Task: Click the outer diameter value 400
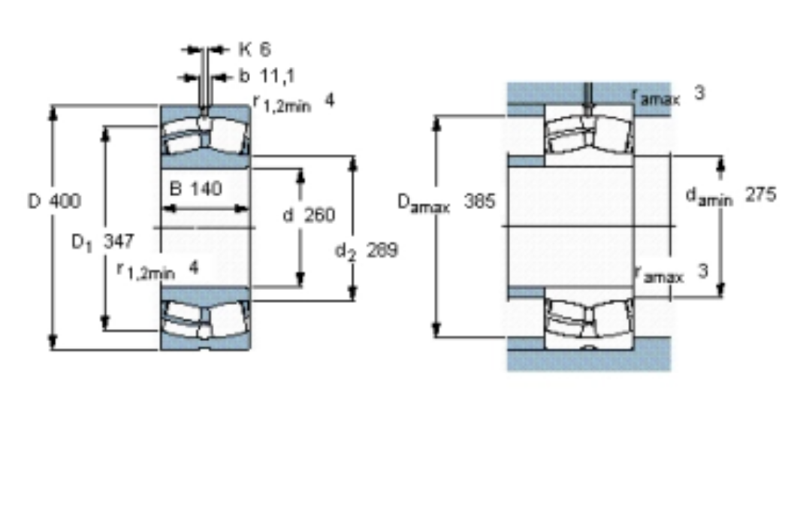click(x=65, y=201)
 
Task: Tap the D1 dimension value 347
click(x=119, y=241)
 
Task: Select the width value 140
click(x=206, y=189)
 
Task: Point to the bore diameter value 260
click(x=319, y=215)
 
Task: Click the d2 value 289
click(x=382, y=249)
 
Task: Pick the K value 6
click(x=265, y=50)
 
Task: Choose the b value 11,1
click(x=277, y=76)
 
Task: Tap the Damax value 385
click(x=480, y=201)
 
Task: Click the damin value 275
click(x=760, y=194)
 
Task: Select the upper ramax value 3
click(x=699, y=92)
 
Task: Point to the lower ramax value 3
click(x=703, y=271)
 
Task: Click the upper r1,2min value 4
click(x=329, y=101)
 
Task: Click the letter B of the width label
click(x=176, y=189)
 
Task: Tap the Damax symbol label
click(x=424, y=203)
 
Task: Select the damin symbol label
click(x=709, y=196)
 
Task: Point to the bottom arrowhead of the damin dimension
click(x=720, y=289)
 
